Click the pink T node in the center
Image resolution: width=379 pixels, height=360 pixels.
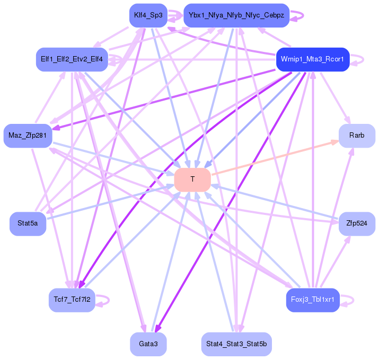pyautogui.click(x=192, y=180)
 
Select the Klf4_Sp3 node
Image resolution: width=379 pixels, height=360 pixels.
pyautogui.click(x=148, y=15)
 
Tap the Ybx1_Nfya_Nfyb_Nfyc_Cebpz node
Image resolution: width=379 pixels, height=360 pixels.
pyautogui.click(x=236, y=15)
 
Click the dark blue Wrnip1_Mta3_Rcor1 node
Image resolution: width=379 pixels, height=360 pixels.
pyautogui.click(x=313, y=59)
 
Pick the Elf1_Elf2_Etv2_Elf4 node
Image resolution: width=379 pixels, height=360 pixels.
pyautogui.click(x=72, y=59)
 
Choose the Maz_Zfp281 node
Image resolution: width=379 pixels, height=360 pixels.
pyautogui.click(x=28, y=136)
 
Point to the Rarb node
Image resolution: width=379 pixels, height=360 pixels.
pyautogui.click(x=357, y=136)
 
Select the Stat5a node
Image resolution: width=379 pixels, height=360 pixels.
pyautogui.click(x=28, y=223)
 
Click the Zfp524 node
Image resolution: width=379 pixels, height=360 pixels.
pyautogui.click(x=357, y=223)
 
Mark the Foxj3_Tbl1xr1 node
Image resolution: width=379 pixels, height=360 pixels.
pyautogui.click(x=313, y=300)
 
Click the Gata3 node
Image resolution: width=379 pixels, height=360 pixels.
pyautogui.click(x=148, y=344)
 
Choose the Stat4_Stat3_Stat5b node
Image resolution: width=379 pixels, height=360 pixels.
pyautogui.click(x=236, y=344)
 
